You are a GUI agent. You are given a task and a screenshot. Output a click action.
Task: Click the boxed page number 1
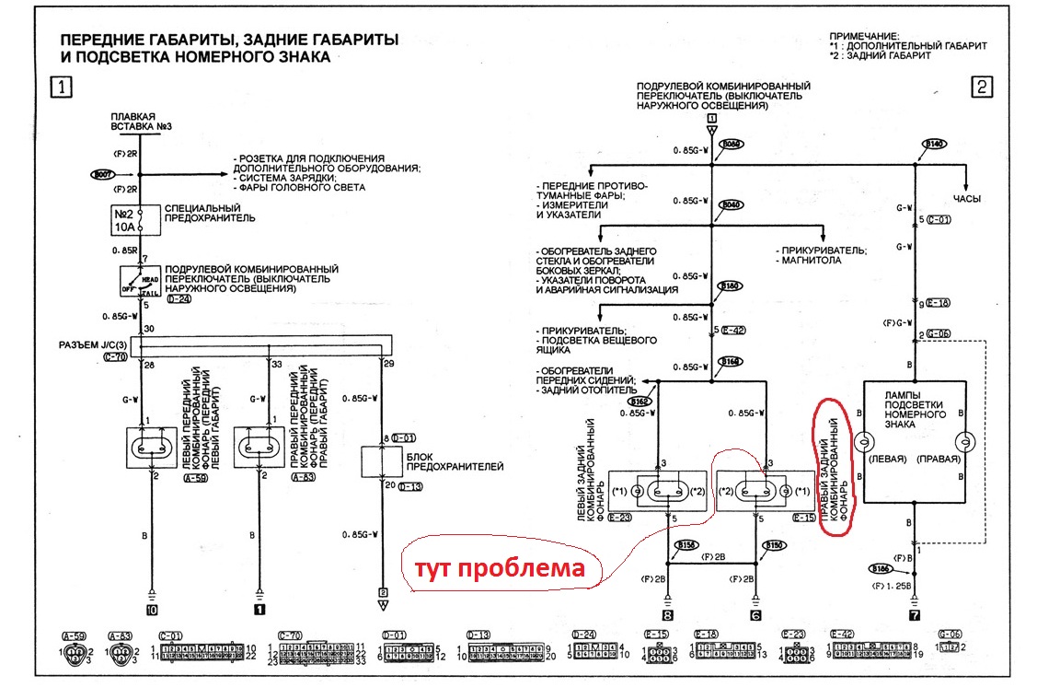coord(61,88)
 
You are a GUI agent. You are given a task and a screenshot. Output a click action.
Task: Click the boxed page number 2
coord(982,88)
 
